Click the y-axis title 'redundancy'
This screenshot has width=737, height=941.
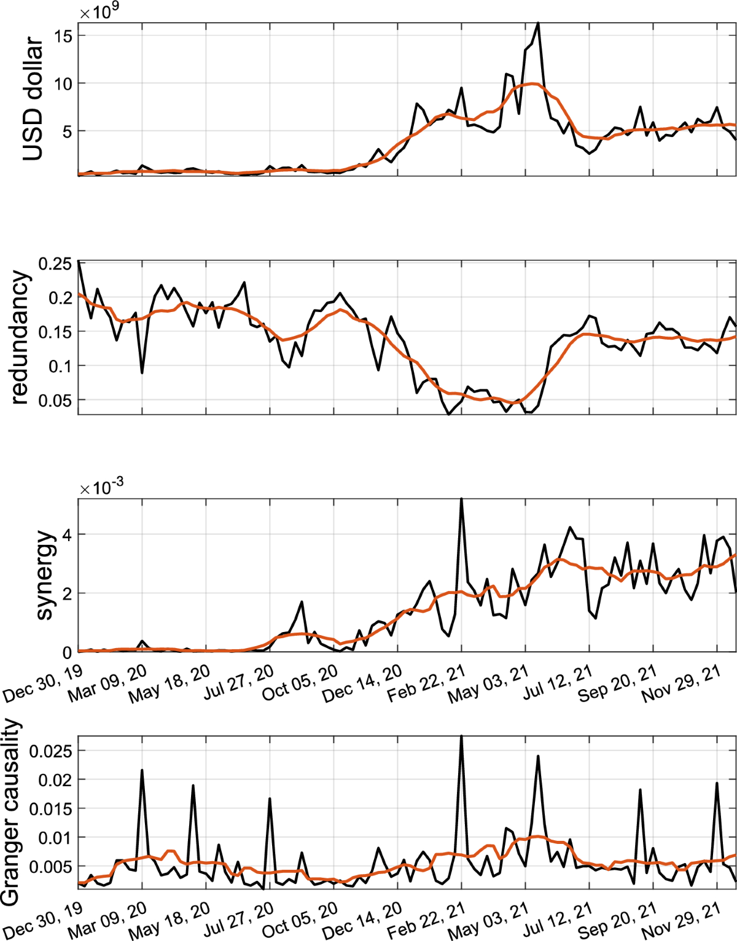[20, 337]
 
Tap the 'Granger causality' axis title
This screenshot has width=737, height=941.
[10, 812]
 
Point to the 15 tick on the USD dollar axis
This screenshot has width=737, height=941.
[63, 36]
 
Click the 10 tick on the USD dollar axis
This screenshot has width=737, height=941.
[63, 84]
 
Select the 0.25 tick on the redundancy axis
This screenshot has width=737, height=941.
[55, 264]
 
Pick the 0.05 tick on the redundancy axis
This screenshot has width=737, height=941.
[55, 400]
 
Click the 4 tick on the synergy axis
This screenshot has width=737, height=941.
[66, 535]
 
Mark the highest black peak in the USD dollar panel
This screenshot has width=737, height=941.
[538, 23]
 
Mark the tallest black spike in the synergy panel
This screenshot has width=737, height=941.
[461, 499]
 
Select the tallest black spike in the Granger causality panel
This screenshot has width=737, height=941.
[461, 736]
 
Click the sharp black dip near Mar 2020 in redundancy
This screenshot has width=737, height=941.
[142, 372]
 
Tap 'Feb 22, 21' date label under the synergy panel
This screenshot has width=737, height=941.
[426, 683]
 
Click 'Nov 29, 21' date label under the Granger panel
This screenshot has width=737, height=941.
[681, 921]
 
